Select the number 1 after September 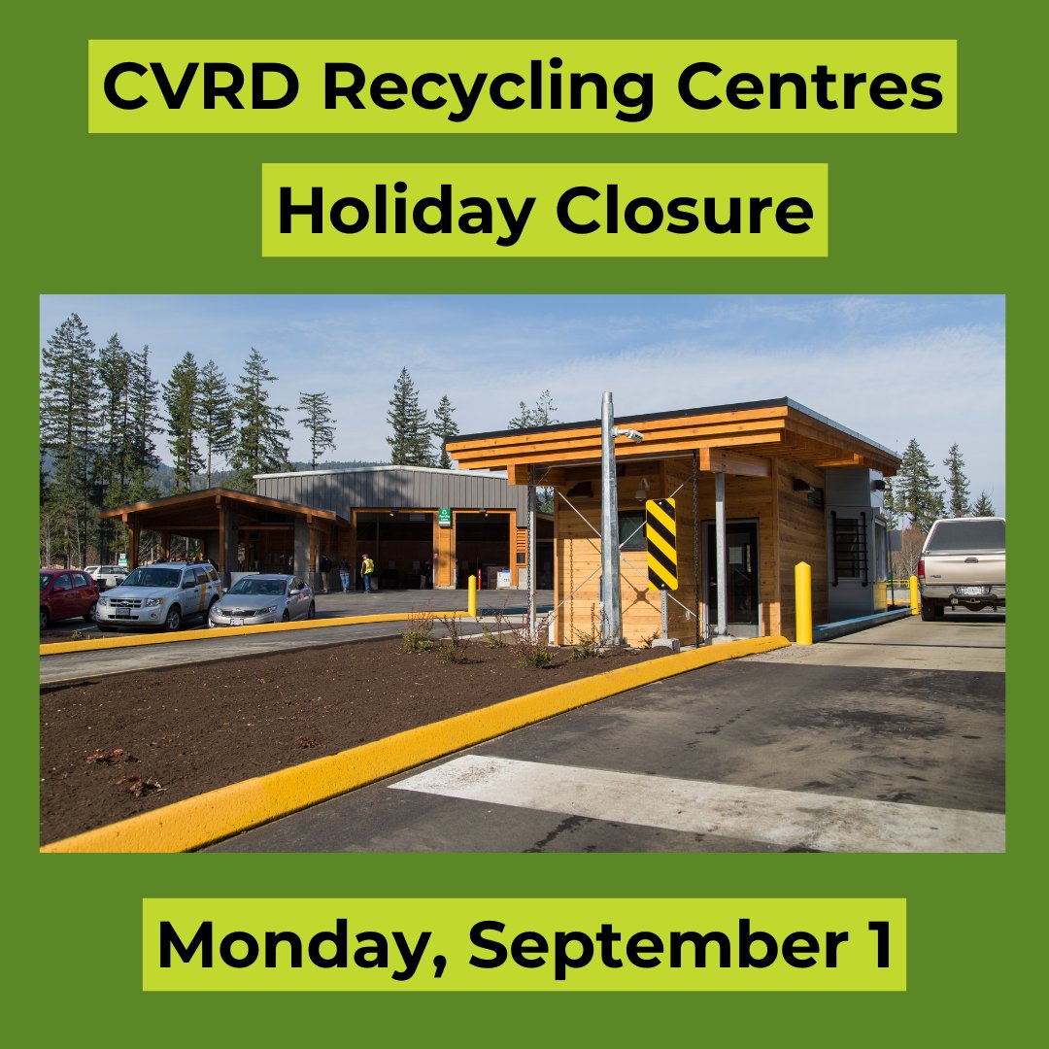[x=879, y=944]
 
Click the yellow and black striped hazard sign [x=661, y=544]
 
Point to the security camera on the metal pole [x=627, y=433]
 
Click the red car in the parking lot [x=67, y=595]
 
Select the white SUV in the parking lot [x=157, y=594]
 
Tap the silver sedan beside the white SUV [x=261, y=599]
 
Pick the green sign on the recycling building [x=444, y=517]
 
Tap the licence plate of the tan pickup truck [x=970, y=591]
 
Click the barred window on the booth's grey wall [x=849, y=550]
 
